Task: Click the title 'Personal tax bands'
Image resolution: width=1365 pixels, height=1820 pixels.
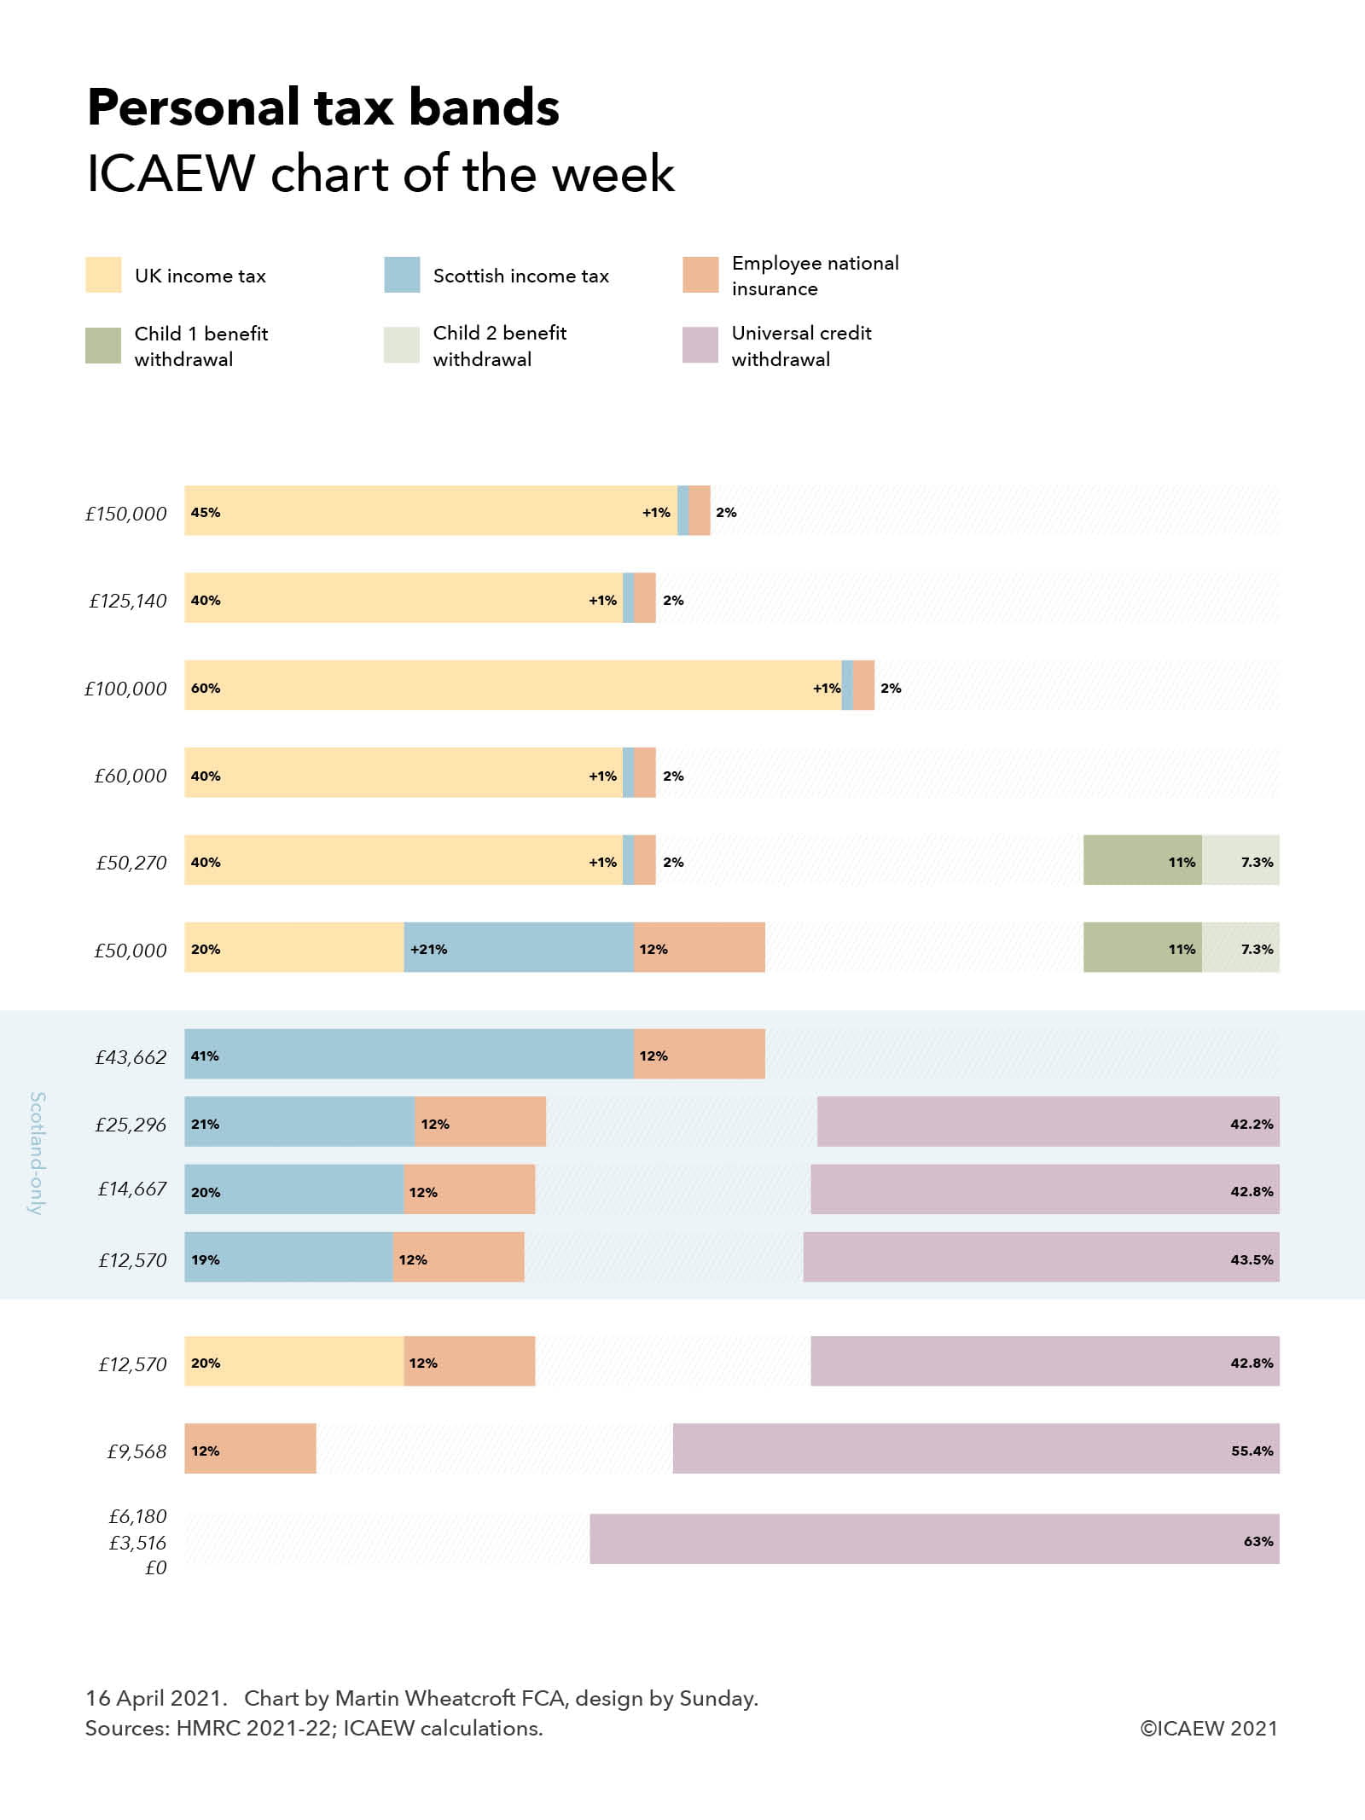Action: pyautogui.click(x=323, y=108)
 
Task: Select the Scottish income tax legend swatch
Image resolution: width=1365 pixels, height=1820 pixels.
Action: pyautogui.click(x=402, y=275)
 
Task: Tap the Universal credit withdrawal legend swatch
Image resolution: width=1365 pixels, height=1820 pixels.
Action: pyautogui.click(x=700, y=345)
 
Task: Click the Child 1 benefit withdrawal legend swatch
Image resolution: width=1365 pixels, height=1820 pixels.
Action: pyautogui.click(x=103, y=345)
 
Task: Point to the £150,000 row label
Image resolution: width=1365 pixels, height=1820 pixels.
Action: pyautogui.click(x=125, y=514)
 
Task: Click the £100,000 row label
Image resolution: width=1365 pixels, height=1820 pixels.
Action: pyautogui.click(x=125, y=689)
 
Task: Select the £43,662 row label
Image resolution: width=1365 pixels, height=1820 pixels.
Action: pyautogui.click(x=131, y=1057)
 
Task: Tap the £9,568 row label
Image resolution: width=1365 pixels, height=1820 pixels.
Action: pyautogui.click(x=136, y=1451)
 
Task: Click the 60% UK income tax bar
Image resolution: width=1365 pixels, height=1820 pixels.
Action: pyautogui.click(x=512, y=684)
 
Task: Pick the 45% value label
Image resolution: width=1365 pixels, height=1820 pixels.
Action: pyautogui.click(x=206, y=512)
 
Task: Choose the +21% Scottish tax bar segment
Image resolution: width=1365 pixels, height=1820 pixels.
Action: pyautogui.click(x=519, y=947)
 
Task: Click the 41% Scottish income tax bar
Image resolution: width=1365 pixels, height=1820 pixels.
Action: pyautogui.click(x=409, y=1054)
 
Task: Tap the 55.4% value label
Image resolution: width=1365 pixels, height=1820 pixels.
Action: pyautogui.click(x=1252, y=1451)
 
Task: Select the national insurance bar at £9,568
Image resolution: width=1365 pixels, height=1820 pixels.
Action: pyautogui.click(x=250, y=1448)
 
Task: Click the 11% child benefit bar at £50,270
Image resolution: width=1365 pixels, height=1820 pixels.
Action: pyautogui.click(x=1142, y=859)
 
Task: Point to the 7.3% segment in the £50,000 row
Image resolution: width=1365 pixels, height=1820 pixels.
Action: pyautogui.click(x=1241, y=947)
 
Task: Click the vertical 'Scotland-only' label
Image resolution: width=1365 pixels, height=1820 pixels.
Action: pyautogui.click(x=38, y=1153)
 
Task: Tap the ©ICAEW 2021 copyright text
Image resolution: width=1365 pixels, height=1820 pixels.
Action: pyautogui.click(x=1208, y=1728)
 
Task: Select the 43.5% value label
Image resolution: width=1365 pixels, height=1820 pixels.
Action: pyautogui.click(x=1252, y=1259)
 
